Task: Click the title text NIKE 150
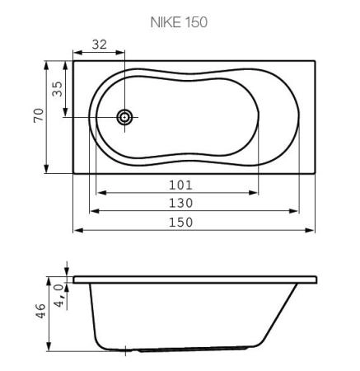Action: click(x=180, y=22)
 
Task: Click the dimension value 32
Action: click(x=99, y=45)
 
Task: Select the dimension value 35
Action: click(x=57, y=88)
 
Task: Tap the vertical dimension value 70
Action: click(x=35, y=116)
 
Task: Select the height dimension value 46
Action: click(x=39, y=315)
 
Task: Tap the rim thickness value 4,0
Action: click(x=58, y=293)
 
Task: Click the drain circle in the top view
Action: click(x=124, y=117)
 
